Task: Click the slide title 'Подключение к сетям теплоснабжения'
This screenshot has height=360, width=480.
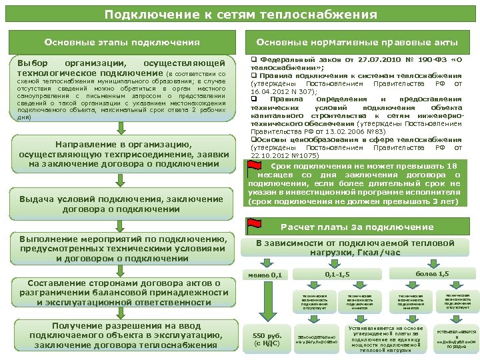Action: [240, 14]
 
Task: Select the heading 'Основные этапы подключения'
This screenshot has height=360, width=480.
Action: [122, 43]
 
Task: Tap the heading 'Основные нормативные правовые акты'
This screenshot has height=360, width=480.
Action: [357, 43]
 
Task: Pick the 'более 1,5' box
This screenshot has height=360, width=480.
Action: [431, 274]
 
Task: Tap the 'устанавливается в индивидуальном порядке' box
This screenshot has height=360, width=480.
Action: [456, 339]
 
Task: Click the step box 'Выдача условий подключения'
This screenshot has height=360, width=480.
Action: [122, 203]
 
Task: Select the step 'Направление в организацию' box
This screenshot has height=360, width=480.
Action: [122, 154]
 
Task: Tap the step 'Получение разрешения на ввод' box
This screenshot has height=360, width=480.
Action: [122, 335]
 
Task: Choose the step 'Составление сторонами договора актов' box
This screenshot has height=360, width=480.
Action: [122, 292]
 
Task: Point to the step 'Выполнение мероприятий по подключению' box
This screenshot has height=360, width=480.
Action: [122, 249]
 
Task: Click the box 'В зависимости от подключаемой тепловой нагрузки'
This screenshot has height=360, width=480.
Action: [358, 247]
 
